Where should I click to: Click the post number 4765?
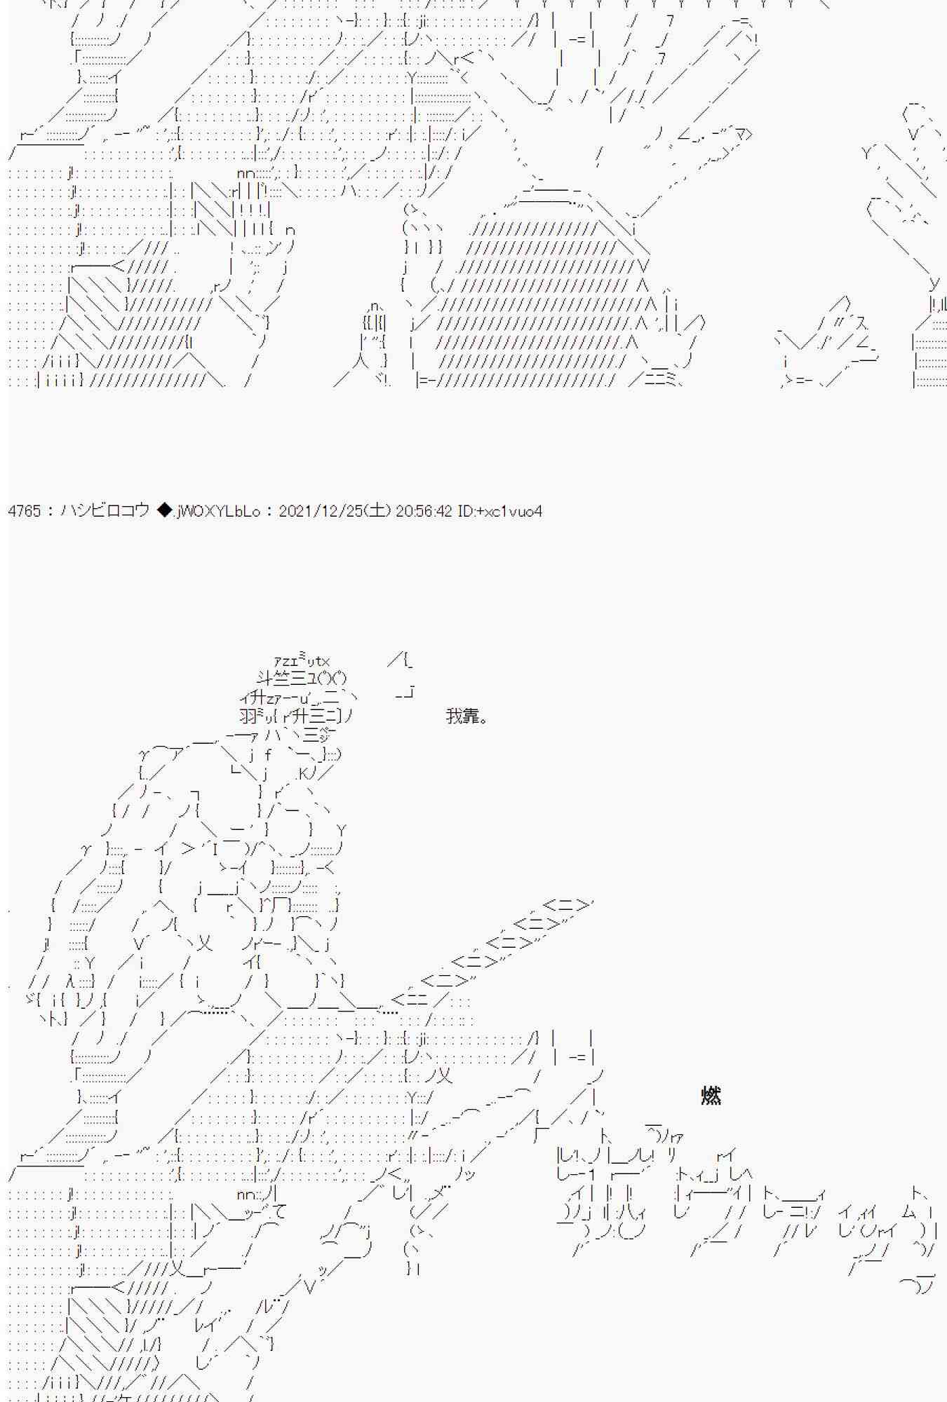point(25,511)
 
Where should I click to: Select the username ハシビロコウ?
point(105,511)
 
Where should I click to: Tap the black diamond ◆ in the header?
point(165,511)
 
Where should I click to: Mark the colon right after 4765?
point(51,512)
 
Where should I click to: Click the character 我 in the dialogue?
point(454,716)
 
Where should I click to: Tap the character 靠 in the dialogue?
point(471,716)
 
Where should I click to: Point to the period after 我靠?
point(483,720)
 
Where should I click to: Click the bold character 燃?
point(711,1095)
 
